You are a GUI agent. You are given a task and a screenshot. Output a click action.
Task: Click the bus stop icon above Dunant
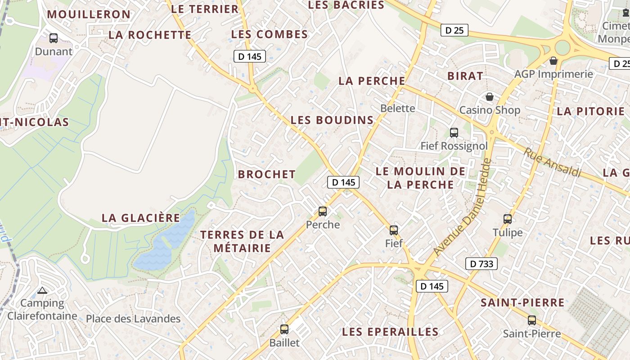(x=54, y=38)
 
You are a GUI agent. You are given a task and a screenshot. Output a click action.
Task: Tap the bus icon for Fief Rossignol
(x=454, y=133)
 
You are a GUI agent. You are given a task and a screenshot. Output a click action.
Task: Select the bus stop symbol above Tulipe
(x=508, y=219)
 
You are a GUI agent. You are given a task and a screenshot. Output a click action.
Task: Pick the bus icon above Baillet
(x=284, y=329)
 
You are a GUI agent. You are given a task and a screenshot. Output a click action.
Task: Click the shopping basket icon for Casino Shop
(x=489, y=97)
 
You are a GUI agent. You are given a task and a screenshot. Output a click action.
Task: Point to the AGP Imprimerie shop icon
(x=553, y=61)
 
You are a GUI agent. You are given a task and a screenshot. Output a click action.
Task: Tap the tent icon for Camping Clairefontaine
(x=42, y=291)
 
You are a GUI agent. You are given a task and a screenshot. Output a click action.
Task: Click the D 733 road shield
(x=481, y=264)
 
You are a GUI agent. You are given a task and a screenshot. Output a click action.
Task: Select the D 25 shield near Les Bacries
(x=454, y=31)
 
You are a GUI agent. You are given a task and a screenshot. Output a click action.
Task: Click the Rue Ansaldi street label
(x=552, y=162)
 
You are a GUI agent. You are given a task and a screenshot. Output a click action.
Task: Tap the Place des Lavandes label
(x=133, y=319)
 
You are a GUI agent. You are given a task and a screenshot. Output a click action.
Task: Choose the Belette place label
(x=398, y=108)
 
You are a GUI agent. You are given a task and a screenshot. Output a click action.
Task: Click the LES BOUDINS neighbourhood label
(x=332, y=120)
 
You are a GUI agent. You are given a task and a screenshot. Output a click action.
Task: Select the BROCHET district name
(x=267, y=174)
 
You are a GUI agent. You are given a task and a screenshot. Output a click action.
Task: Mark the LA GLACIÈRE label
(x=141, y=218)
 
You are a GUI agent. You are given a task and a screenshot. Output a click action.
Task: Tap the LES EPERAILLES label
(x=390, y=332)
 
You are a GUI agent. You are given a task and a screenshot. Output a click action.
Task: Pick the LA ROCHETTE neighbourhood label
(x=150, y=35)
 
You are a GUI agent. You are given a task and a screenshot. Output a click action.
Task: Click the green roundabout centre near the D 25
(x=562, y=47)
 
